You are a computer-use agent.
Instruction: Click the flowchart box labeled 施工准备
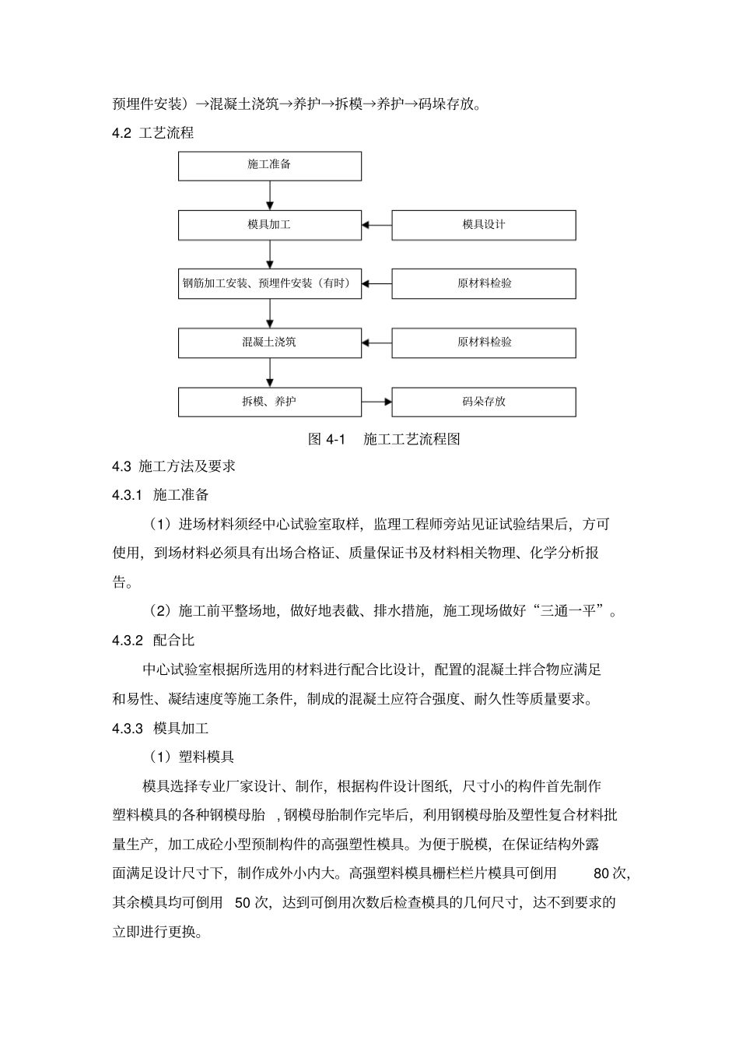(270, 166)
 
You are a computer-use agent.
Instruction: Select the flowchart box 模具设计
(483, 225)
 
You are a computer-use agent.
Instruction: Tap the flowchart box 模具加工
(270, 225)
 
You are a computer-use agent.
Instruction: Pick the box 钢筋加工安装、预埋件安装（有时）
(270, 283)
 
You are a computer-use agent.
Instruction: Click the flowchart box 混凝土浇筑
(270, 343)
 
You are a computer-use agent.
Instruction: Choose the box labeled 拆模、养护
(270, 402)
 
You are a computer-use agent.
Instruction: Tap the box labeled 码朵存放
(483, 402)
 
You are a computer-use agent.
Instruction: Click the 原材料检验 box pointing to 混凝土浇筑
(483, 343)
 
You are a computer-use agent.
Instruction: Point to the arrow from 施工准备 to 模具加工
(270, 195)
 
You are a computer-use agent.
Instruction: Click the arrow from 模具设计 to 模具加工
(377, 225)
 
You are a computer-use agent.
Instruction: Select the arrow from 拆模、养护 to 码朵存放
(377, 402)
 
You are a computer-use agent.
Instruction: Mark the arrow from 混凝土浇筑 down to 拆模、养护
(270, 372)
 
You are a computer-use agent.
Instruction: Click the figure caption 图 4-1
(326, 439)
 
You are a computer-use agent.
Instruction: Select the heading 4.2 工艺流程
(153, 133)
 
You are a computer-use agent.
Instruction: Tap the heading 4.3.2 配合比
(153, 641)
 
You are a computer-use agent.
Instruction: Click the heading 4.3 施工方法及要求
(173, 466)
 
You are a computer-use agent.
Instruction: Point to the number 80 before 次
(601, 873)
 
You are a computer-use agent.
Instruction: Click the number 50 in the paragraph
(242, 903)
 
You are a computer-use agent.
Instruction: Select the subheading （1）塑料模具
(191, 757)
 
